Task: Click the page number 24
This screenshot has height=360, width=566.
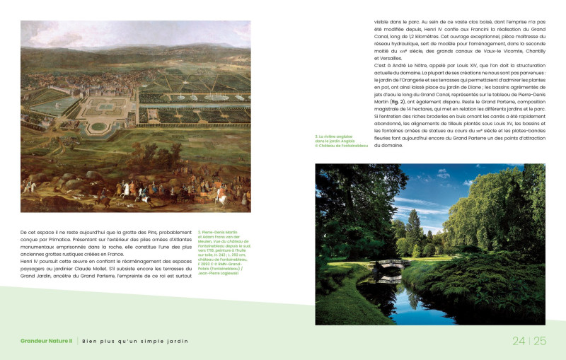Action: [519, 341]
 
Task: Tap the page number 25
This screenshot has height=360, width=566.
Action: [540, 341]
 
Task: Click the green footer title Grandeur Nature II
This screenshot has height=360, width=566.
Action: [47, 342]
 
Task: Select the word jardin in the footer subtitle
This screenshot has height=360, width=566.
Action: [177, 342]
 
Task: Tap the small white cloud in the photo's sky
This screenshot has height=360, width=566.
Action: [466, 182]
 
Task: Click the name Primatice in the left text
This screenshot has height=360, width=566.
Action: [63, 239]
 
